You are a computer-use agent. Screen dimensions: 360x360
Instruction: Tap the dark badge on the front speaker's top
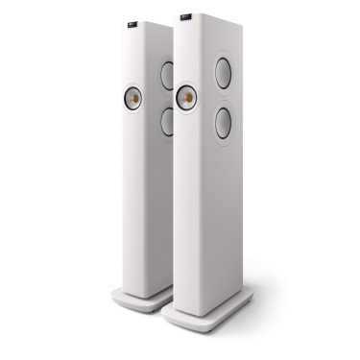click(183, 16)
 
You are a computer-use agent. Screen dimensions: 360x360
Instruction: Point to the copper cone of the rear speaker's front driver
click(132, 99)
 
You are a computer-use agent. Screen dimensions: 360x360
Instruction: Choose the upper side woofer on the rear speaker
click(167, 76)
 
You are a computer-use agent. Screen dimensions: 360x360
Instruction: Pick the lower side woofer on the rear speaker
click(167, 120)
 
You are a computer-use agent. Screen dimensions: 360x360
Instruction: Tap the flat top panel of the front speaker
click(206, 19)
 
